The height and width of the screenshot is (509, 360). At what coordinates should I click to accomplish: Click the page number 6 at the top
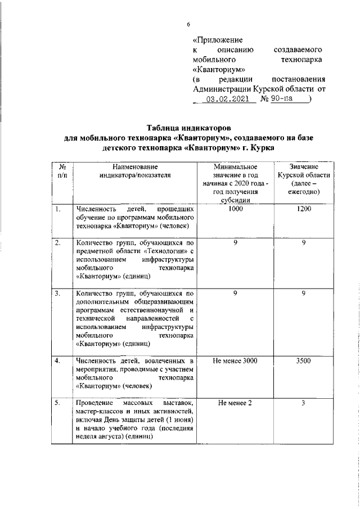coord(189,24)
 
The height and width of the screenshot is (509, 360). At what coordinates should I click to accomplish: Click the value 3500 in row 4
coord(303,361)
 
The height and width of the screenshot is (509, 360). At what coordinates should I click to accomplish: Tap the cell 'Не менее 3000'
coord(236,361)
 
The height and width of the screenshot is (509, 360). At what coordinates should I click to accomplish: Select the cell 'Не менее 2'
coord(236,403)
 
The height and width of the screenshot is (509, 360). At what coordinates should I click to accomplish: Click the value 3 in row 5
coord(303,403)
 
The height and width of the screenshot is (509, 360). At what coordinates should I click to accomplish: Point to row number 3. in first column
coord(57,293)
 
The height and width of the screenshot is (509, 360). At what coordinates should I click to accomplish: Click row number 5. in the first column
coord(57,403)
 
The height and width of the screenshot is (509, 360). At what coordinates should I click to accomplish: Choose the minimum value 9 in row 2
coord(236,242)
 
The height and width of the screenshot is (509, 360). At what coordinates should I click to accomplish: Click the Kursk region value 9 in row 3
coord(303,293)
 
